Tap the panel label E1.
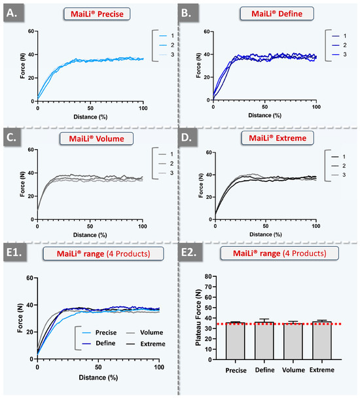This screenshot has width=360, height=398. coord(17,253)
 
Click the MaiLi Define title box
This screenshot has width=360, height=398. coord(265,14)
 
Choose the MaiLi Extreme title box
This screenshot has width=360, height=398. coord(267,139)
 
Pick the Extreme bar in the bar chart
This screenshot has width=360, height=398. coord(321,340)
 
